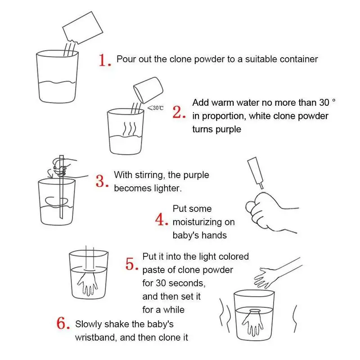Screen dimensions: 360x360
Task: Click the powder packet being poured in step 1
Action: [x=83, y=27]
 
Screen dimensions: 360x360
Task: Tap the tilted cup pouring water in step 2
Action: [x=148, y=90]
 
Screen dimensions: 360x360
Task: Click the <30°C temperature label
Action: [x=155, y=108]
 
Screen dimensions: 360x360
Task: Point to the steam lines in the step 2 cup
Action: [x=130, y=129]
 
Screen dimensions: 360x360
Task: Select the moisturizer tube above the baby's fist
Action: [x=255, y=173]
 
